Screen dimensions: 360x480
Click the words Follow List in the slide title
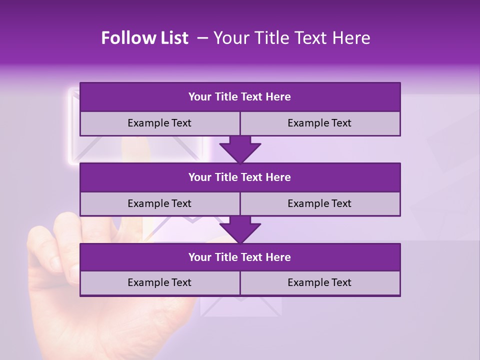pyautogui.click(x=145, y=38)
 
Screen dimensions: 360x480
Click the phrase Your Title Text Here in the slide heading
pyautogui.click(x=291, y=38)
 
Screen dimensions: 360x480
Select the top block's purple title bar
pyautogui.click(x=240, y=97)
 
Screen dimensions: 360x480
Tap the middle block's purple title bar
pyautogui.click(x=240, y=177)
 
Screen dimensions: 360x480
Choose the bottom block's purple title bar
pyautogui.click(x=240, y=257)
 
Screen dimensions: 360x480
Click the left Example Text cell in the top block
pyautogui.click(x=160, y=123)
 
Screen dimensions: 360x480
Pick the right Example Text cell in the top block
pyautogui.click(x=320, y=123)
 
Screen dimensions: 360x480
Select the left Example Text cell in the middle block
pyautogui.click(x=160, y=203)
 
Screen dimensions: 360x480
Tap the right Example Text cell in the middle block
pyautogui.click(x=320, y=203)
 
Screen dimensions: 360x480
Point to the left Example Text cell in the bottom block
pyautogui.click(x=160, y=282)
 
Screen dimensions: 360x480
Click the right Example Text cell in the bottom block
pyautogui.click(x=320, y=282)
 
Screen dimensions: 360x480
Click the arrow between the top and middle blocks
pyautogui.click(x=240, y=149)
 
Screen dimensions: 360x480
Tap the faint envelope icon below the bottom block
pyautogui.click(x=240, y=306)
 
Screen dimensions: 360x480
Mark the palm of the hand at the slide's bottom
pyautogui.click(x=125, y=325)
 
